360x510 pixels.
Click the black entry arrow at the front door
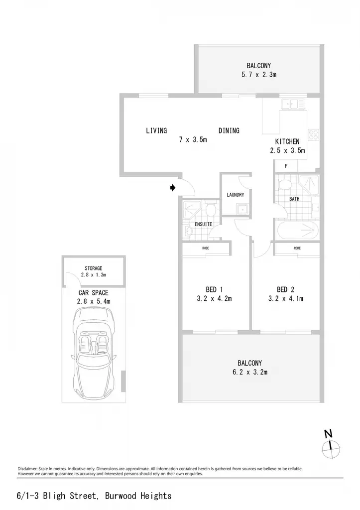pos(173,188)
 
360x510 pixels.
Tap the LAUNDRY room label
pos(235,195)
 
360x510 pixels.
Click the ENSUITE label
pos(203,224)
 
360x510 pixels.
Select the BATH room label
pos(294,199)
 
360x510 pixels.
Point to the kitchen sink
pos(293,104)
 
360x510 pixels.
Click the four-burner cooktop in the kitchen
pos(313,134)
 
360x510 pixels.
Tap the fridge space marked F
pos(286,166)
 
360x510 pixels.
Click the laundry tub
pos(242,209)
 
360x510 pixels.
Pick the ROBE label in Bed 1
pos(206,248)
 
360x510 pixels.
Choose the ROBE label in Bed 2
pos(297,248)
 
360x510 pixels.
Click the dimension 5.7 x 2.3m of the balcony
pos(259,75)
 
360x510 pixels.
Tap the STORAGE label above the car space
pos(93,268)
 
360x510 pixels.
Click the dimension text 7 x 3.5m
pos(193,139)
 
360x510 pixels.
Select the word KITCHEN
pos(287,141)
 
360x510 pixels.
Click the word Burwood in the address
pos(121,496)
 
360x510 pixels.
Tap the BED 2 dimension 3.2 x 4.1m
pos(285,298)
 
